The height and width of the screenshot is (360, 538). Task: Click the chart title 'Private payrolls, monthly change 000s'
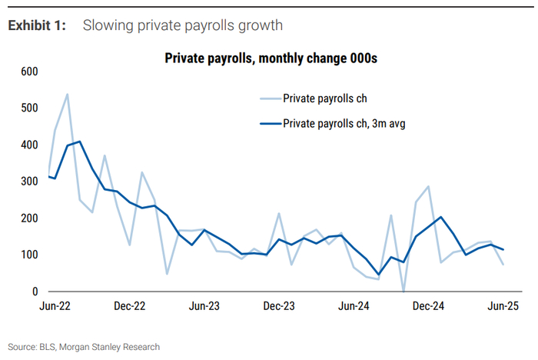click(x=275, y=58)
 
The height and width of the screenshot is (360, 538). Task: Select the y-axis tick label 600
click(x=29, y=72)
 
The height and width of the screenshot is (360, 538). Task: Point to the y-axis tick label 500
click(x=29, y=108)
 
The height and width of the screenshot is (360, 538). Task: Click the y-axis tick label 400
click(x=29, y=145)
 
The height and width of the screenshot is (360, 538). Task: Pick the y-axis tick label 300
click(x=29, y=182)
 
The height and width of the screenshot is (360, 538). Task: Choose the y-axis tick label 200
click(x=29, y=218)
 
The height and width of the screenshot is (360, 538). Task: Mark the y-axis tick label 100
click(x=29, y=255)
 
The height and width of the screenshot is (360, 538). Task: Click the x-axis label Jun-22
click(x=57, y=306)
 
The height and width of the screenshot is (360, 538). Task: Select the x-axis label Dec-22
click(x=130, y=306)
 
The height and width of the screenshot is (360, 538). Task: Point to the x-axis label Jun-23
click(x=204, y=306)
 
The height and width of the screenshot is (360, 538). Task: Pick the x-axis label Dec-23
click(x=278, y=306)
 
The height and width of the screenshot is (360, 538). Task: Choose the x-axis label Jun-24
click(x=353, y=306)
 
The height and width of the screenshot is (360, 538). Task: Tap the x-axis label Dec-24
click(x=427, y=306)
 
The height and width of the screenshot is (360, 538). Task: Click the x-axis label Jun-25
click(x=502, y=306)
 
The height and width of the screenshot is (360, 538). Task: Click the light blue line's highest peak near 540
click(x=67, y=95)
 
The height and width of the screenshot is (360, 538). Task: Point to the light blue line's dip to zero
click(x=403, y=292)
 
